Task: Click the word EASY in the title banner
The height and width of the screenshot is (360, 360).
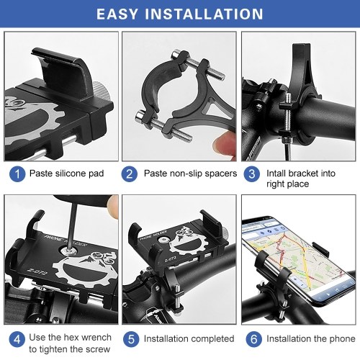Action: (x=117, y=14)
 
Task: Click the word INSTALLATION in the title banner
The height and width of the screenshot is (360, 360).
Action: (x=204, y=14)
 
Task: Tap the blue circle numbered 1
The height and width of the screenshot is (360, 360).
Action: (x=17, y=174)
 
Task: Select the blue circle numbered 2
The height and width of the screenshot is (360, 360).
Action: (x=129, y=174)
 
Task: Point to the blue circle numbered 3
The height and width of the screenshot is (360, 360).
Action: (x=252, y=174)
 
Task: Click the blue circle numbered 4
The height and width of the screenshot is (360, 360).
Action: (x=17, y=339)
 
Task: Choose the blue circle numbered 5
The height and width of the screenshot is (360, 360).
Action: (x=131, y=339)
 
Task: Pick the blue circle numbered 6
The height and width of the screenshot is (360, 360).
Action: (x=254, y=339)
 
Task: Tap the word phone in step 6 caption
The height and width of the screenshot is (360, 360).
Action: (x=343, y=339)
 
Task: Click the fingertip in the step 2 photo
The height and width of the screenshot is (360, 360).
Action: (x=225, y=145)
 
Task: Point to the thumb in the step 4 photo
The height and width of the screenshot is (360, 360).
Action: (x=112, y=206)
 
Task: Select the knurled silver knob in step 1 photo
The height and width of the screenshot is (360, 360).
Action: (x=101, y=91)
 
